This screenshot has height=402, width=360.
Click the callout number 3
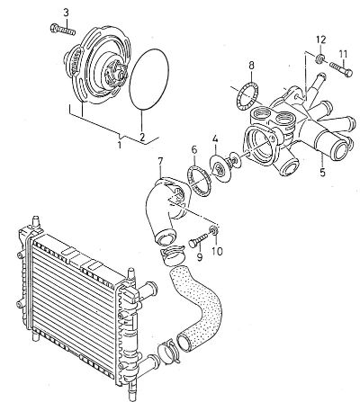coord(66,13)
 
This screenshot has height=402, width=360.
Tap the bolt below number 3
coord(62,30)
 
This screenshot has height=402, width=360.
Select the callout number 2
coord(142,137)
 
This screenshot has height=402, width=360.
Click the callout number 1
coord(120,145)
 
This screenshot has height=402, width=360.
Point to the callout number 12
coord(320,40)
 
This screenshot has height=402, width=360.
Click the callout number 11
coord(343,54)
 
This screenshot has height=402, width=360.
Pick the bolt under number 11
coord(341,68)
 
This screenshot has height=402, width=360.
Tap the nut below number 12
coord(320,58)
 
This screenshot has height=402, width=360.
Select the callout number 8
coord(251,65)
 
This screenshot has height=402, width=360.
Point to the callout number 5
coord(322,173)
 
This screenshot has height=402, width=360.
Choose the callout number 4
coord(215,138)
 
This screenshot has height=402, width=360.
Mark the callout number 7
coord(160,161)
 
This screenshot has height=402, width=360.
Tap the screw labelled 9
coord(198,240)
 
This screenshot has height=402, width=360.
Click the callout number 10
coord(217,251)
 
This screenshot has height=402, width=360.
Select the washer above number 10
coord(214,230)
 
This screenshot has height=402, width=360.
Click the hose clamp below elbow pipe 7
coord(172,255)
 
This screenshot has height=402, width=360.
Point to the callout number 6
coord(194,150)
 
